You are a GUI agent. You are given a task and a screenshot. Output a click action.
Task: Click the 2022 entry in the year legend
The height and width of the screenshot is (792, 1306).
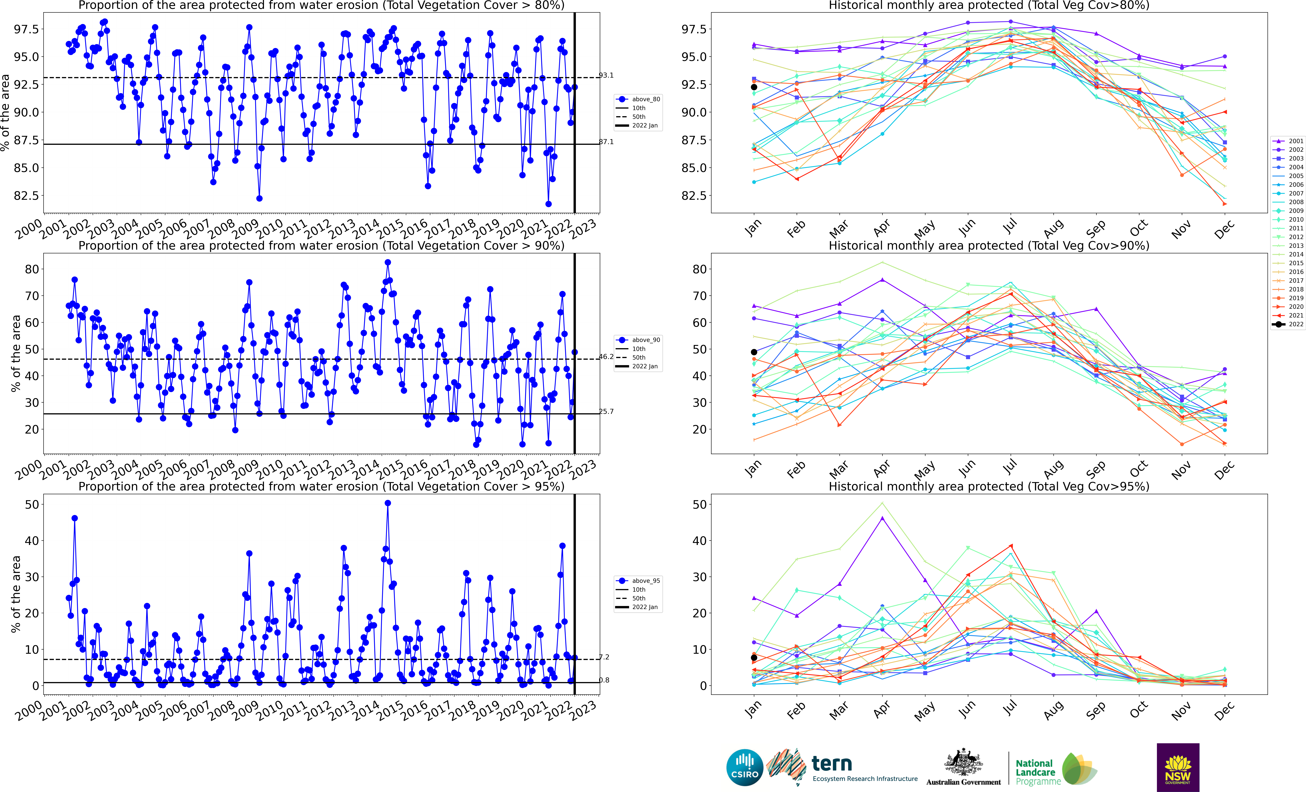click(x=1289, y=324)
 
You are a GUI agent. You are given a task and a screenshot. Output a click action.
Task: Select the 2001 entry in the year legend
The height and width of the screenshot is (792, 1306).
click(x=1289, y=141)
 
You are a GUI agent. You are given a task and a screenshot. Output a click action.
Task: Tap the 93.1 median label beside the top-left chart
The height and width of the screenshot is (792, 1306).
click(x=606, y=75)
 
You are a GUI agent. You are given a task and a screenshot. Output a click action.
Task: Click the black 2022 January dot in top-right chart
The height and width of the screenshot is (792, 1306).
click(x=754, y=87)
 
